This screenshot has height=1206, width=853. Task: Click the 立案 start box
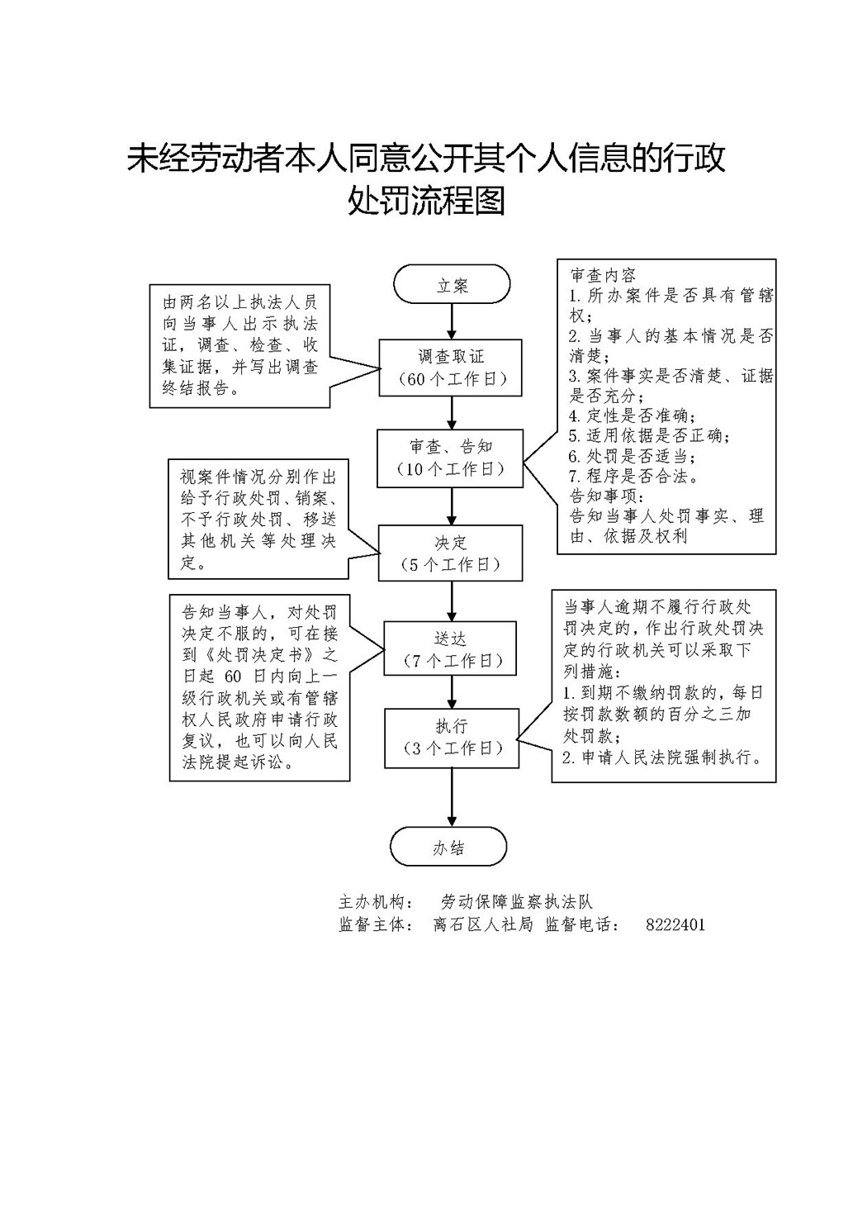click(452, 286)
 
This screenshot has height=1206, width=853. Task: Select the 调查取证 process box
click(451, 368)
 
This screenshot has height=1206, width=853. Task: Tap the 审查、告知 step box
click(451, 458)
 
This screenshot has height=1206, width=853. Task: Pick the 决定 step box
click(451, 553)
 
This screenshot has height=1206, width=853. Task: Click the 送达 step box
click(451, 649)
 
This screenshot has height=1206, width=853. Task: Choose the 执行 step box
click(451, 737)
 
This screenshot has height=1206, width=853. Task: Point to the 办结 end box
click(448, 848)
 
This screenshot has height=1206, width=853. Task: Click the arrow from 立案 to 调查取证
click(452, 321)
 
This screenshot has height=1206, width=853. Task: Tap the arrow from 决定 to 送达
click(452, 601)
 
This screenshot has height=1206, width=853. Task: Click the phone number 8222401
click(675, 924)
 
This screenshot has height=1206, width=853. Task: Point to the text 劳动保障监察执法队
click(517, 902)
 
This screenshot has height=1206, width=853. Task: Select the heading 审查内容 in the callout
click(603, 275)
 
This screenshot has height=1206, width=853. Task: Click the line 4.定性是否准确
click(633, 415)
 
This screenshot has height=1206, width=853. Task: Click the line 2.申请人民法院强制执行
click(661, 757)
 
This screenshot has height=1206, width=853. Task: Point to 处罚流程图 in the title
click(426, 201)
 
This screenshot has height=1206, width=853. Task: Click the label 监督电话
click(582, 924)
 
